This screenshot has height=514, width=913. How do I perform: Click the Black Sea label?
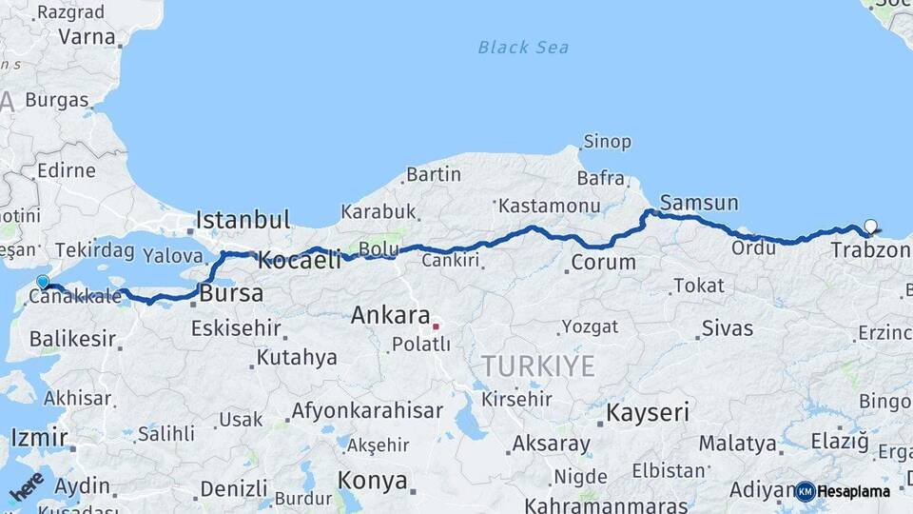click(x=523, y=47)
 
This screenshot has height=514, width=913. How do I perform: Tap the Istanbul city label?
click(x=243, y=220)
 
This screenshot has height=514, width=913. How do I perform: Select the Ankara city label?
click(x=390, y=315)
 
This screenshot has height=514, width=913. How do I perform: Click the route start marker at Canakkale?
click(x=42, y=281)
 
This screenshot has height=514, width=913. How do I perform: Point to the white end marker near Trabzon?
click(x=870, y=227)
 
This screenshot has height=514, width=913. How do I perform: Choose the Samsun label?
click(x=699, y=203)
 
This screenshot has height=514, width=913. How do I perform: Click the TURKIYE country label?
click(x=538, y=366)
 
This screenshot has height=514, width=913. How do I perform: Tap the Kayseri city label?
click(x=648, y=412)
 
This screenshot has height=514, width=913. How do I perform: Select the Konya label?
click(x=373, y=481)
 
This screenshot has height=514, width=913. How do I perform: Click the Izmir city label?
click(x=39, y=438)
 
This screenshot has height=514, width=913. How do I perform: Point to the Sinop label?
click(x=607, y=142)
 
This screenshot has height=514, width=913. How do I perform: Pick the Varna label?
click(x=87, y=37)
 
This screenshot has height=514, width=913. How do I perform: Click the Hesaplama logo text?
click(x=853, y=491)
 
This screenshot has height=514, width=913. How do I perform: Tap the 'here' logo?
click(x=27, y=486)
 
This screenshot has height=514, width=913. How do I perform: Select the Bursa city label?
click(x=232, y=294)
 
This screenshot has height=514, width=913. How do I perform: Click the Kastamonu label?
click(x=550, y=206)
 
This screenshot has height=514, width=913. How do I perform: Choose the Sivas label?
click(x=728, y=329)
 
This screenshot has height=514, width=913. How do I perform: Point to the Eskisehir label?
click(x=236, y=329)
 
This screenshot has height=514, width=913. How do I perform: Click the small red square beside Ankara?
click(x=436, y=326)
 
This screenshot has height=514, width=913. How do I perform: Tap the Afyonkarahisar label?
click(x=366, y=411)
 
